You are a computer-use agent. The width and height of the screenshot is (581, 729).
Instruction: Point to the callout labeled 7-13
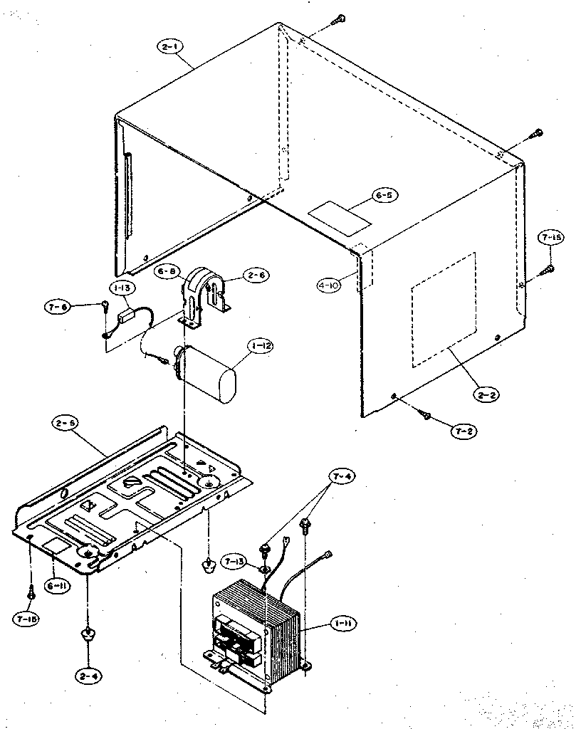pyautogui.click(x=234, y=562)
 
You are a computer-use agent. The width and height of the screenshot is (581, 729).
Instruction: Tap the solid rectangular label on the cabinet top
pyautogui.click(x=339, y=218)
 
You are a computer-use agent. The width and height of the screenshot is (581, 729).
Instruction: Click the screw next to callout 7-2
pyautogui.click(x=424, y=414)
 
